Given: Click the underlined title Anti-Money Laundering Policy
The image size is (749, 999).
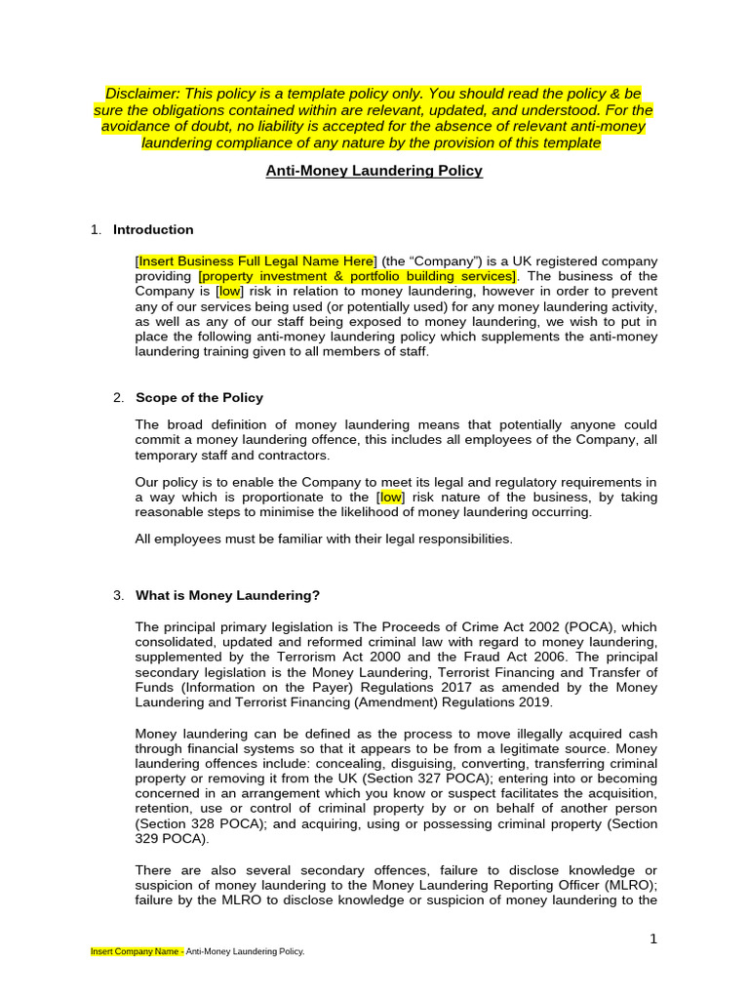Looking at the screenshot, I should pyautogui.click(x=374, y=171).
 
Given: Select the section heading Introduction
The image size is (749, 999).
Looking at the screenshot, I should pyautogui.click(x=153, y=230).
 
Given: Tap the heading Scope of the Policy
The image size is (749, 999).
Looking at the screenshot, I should pyautogui.click(x=199, y=398).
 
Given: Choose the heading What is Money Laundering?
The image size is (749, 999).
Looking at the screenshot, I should pyautogui.click(x=227, y=596).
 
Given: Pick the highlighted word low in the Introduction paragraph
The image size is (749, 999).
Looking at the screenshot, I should pyautogui.click(x=230, y=292).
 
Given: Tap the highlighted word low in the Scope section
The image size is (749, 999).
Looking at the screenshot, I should pyautogui.click(x=390, y=497).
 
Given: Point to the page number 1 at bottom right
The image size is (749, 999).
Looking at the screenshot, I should pyautogui.click(x=653, y=939).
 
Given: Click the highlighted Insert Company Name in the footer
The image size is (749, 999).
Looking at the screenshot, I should pyautogui.click(x=136, y=951).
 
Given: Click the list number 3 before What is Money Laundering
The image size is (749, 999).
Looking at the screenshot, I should pyautogui.click(x=118, y=596).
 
